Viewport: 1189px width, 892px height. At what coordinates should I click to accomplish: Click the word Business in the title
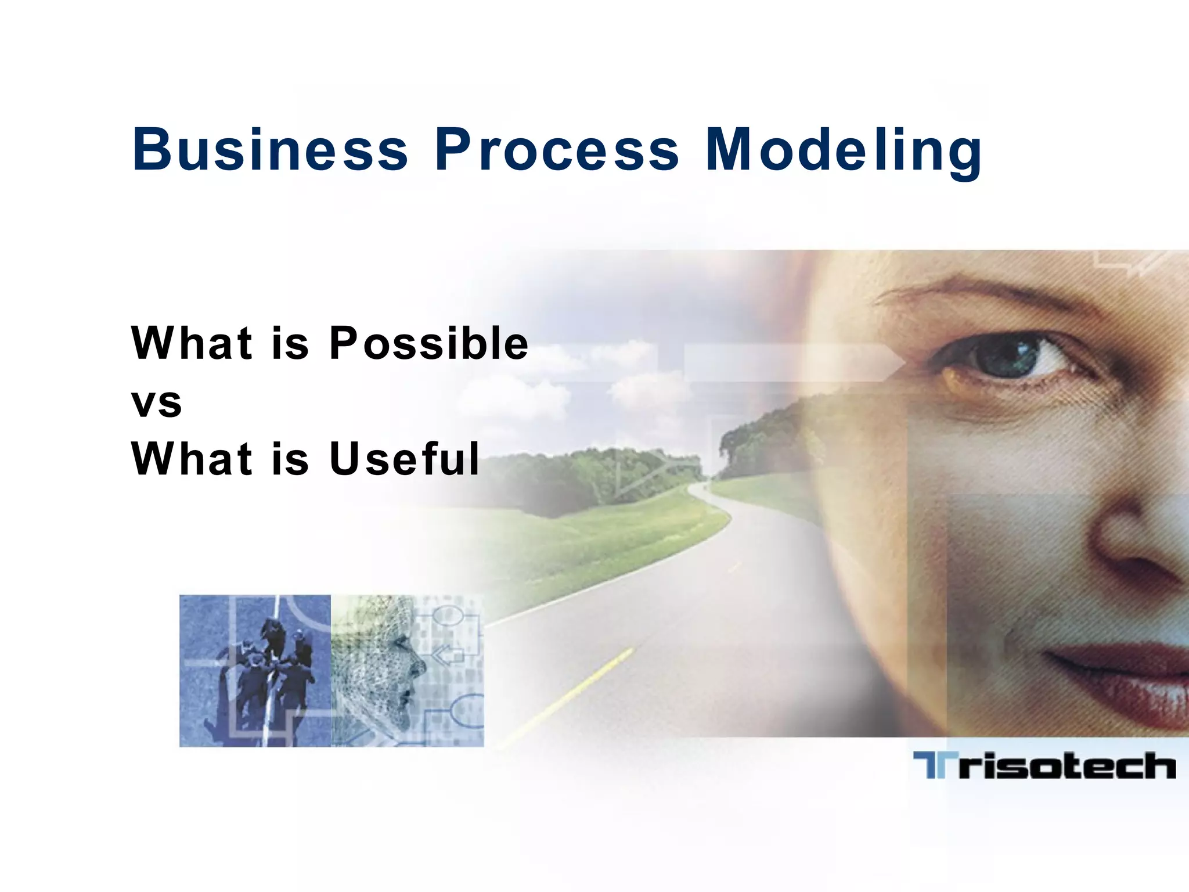[x=271, y=150]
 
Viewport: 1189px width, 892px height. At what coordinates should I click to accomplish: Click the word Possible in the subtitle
[x=428, y=344]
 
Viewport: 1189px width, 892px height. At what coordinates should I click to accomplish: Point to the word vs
[x=157, y=402]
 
